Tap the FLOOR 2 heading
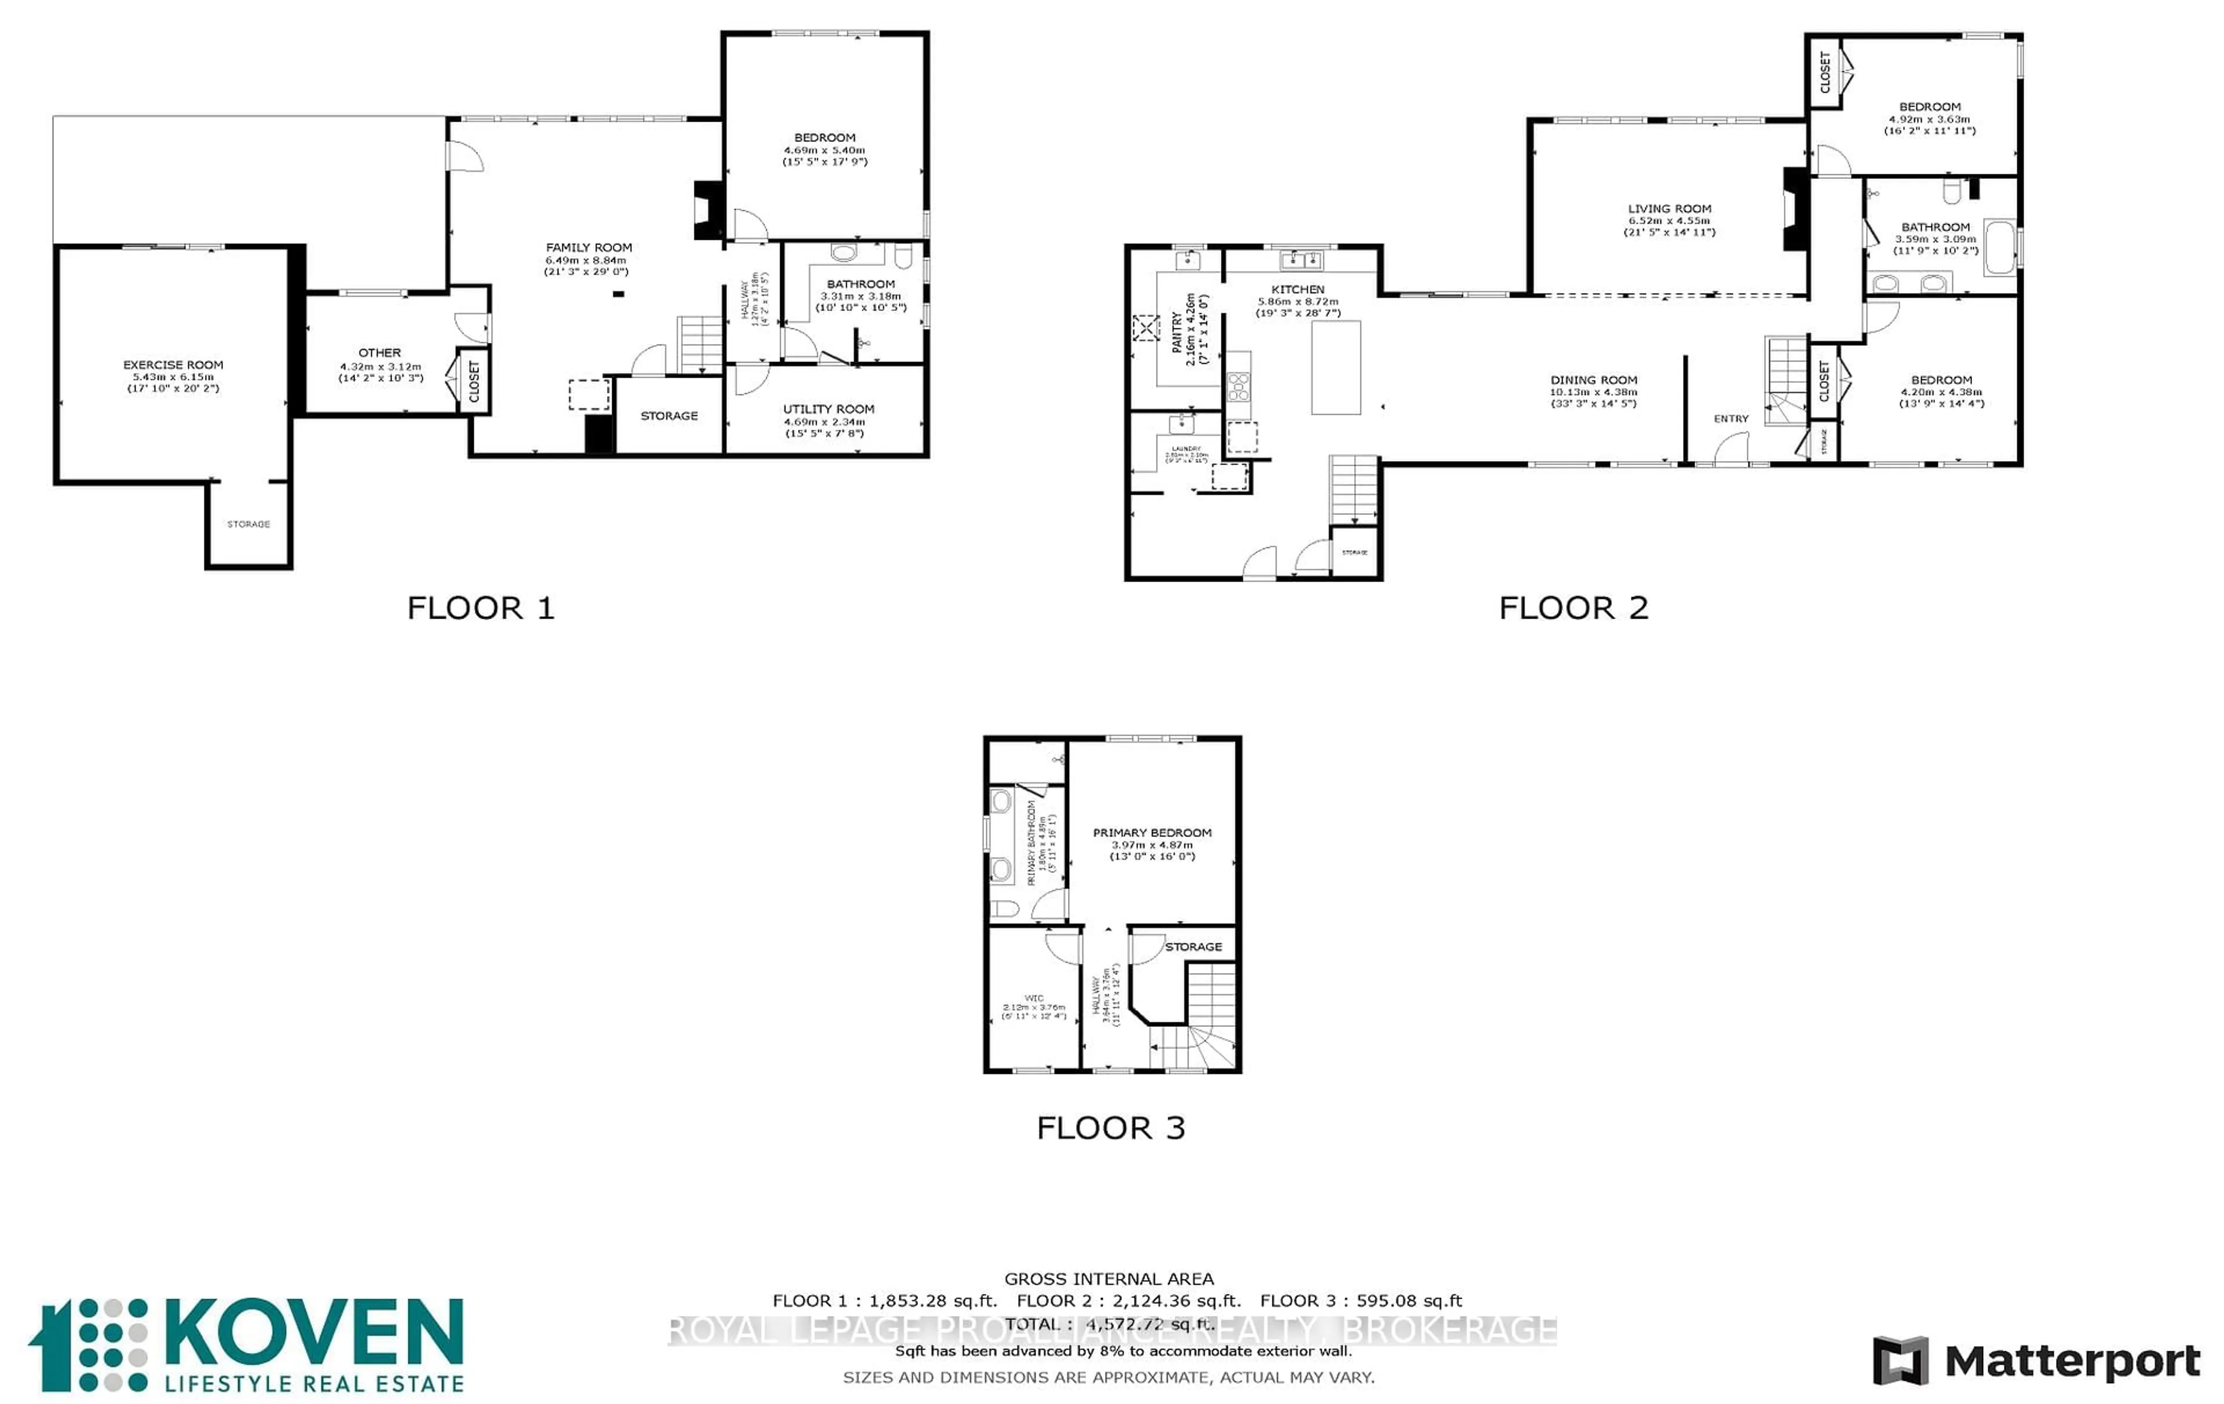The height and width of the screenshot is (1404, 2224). tap(1573, 608)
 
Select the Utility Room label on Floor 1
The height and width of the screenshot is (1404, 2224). tap(828, 408)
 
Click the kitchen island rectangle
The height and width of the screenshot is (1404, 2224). tap(1336, 367)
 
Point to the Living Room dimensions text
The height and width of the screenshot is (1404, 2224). tap(1669, 226)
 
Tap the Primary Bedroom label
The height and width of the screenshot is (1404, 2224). tap(1152, 832)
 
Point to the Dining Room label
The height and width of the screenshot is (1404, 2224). tap(1593, 379)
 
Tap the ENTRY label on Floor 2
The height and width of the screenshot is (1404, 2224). tap(1731, 418)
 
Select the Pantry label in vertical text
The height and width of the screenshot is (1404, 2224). tap(1177, 332)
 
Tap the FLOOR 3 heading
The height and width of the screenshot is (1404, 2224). tap(1110, 1128)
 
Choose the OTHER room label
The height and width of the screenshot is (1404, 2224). tap(379, 353)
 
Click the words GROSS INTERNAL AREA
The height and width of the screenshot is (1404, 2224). tap(1109, 1278)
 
